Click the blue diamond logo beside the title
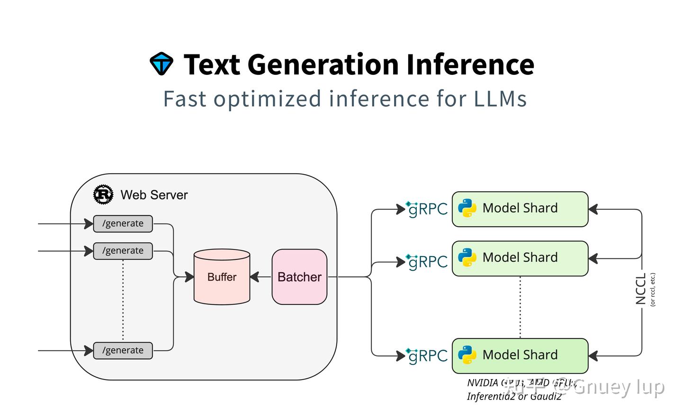162,64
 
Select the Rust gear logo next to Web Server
103,195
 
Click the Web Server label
154,195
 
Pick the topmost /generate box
123,223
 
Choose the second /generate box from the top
123,251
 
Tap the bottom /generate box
123,350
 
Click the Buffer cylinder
222,277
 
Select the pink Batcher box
299,277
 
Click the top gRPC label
427,209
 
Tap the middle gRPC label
427,261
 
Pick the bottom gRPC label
427,355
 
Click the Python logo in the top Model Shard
467,208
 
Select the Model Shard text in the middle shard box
520,257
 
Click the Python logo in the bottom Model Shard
467,355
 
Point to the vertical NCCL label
640,289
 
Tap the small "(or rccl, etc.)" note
653,289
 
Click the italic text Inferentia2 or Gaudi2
514,397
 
